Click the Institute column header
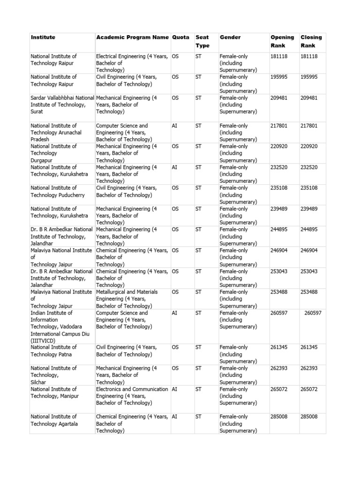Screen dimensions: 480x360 [43, 37]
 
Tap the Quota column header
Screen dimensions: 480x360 [180, 37]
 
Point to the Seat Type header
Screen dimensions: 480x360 [202, 41]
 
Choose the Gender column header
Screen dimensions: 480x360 [230, 37]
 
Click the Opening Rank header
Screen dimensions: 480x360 [282, 41]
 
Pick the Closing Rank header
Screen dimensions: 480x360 [311, 41]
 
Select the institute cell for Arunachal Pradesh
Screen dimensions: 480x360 [56, 133]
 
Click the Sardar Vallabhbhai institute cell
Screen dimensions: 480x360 [62, 105]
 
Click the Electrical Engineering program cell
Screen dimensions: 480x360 [132, 63]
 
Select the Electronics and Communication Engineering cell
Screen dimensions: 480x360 [132, 396]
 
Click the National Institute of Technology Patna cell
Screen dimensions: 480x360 [53, 351]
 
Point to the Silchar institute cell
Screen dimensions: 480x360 [53, 375]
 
